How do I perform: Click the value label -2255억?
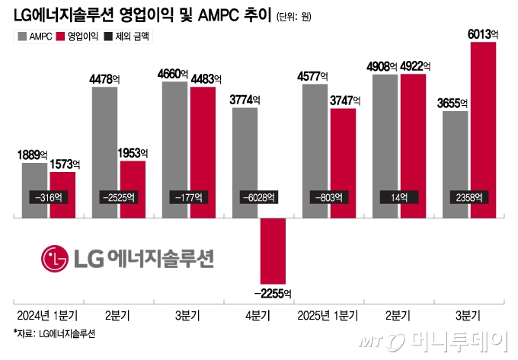273,293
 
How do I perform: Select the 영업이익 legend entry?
77,36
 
